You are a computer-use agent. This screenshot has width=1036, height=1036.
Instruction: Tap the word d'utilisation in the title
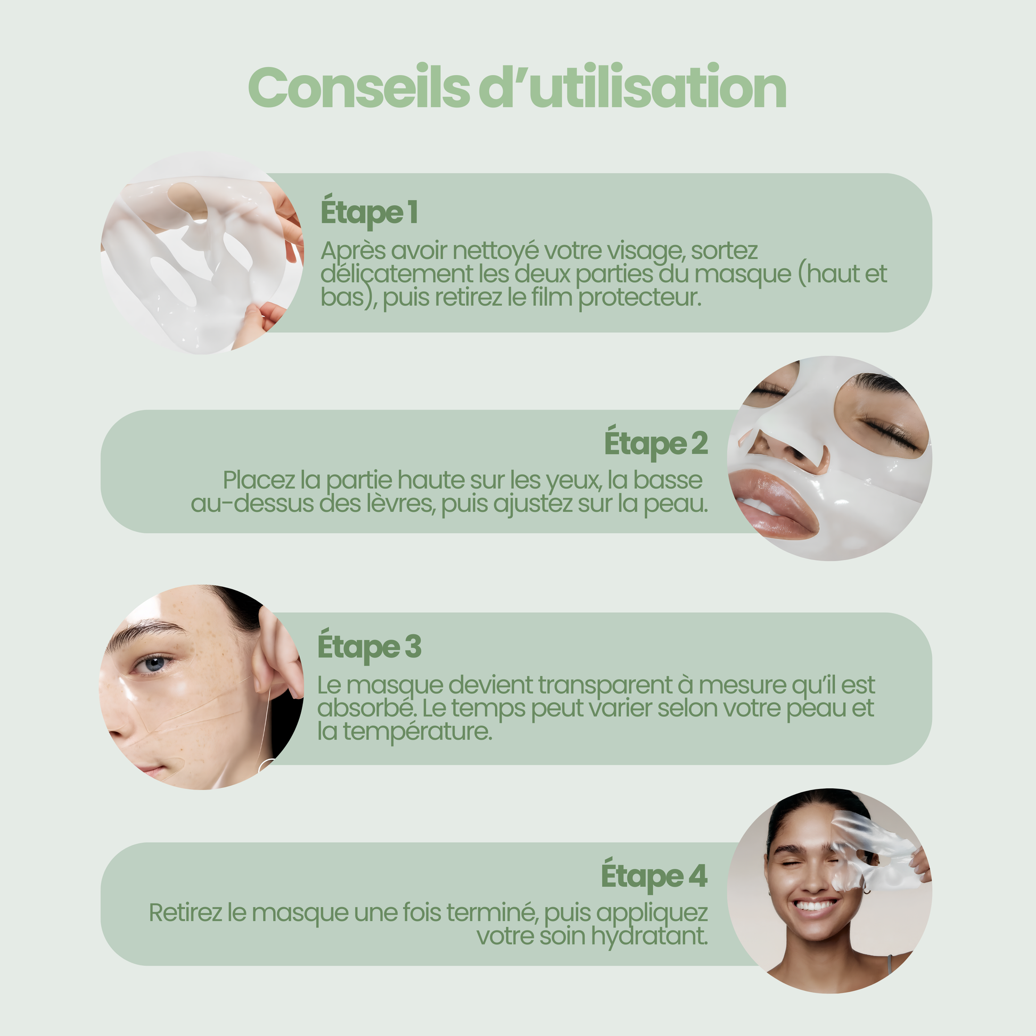(633, 86)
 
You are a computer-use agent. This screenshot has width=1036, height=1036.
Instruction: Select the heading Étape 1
(369, 212)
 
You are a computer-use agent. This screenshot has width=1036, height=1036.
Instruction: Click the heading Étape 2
(656, 443)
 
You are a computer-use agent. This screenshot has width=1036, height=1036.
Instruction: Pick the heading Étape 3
(369, 647)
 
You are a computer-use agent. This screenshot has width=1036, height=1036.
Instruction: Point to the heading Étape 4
(654, 876)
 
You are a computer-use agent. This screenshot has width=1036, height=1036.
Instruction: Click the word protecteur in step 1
(640, 298)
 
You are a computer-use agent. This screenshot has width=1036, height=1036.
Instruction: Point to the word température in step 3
(417, 731)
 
